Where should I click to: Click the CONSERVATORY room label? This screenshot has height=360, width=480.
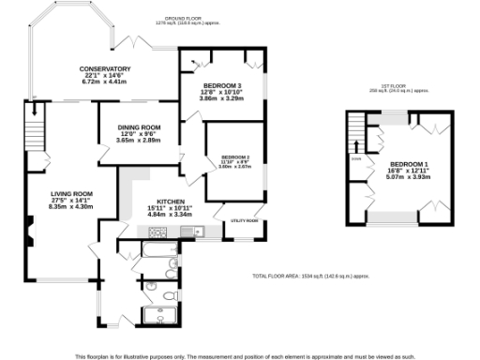click(x=104, y=68)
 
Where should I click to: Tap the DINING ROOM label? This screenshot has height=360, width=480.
click(x=139, y=127)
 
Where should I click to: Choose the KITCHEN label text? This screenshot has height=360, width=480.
click(x=170, y=202)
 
